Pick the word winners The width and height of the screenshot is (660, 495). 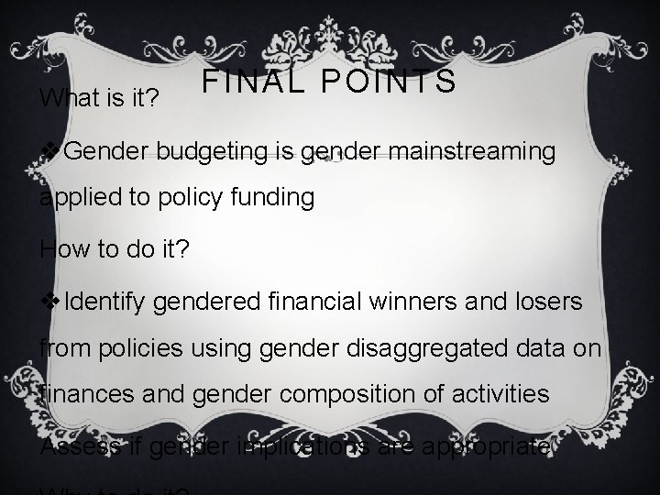[x=409, y=301]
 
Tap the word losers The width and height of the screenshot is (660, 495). [x=542, y=301]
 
